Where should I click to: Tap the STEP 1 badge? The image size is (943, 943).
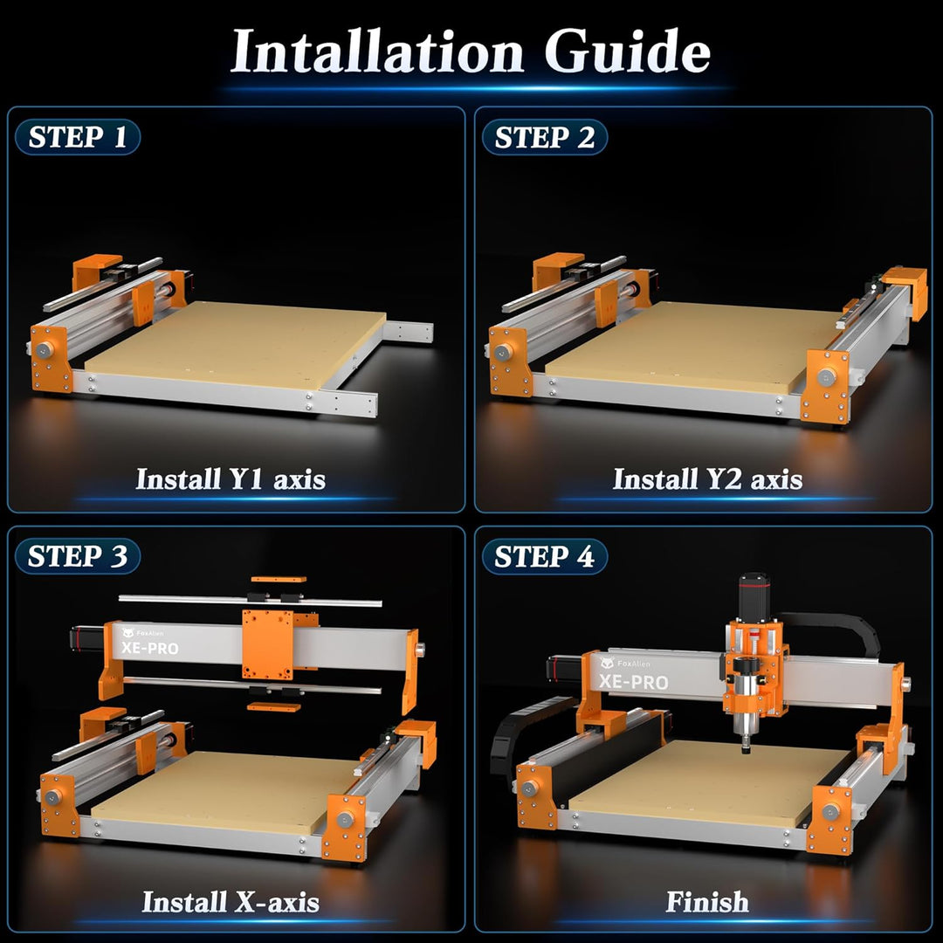[78, 137]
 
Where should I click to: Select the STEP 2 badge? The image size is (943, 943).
[544, 137]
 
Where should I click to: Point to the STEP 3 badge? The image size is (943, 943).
[78, 556]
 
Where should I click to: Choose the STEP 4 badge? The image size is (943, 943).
[544, 556]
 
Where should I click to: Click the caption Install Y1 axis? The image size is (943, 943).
[231, 478]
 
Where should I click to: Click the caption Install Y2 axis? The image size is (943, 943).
[707, 478]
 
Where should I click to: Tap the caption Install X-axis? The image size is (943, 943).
[231, 901]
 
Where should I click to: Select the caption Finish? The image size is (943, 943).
[707, 901]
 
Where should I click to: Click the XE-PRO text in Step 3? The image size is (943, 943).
[149, 648]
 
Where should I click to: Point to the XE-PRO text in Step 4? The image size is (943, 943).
[634, 682]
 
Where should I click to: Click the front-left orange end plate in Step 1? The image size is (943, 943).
[52, 358]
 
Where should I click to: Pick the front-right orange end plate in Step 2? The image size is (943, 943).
[826, 384]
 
